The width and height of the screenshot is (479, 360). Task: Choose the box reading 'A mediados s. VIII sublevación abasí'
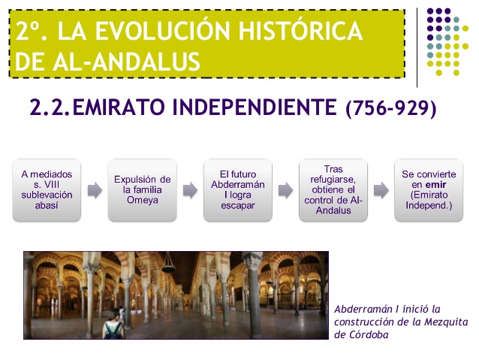(47, 190)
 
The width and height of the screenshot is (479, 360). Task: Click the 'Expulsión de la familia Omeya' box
(143, 190)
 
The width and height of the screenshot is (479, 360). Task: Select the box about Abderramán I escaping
(238, 190)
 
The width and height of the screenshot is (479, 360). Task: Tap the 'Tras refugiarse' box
(333, 190)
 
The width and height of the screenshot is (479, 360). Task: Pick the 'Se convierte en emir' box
(429, 190)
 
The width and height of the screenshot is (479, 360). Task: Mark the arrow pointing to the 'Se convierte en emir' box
(381, 190)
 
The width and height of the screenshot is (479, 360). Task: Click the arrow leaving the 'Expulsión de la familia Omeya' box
(191, 190)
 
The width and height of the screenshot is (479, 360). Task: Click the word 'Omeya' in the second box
(143, 201)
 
